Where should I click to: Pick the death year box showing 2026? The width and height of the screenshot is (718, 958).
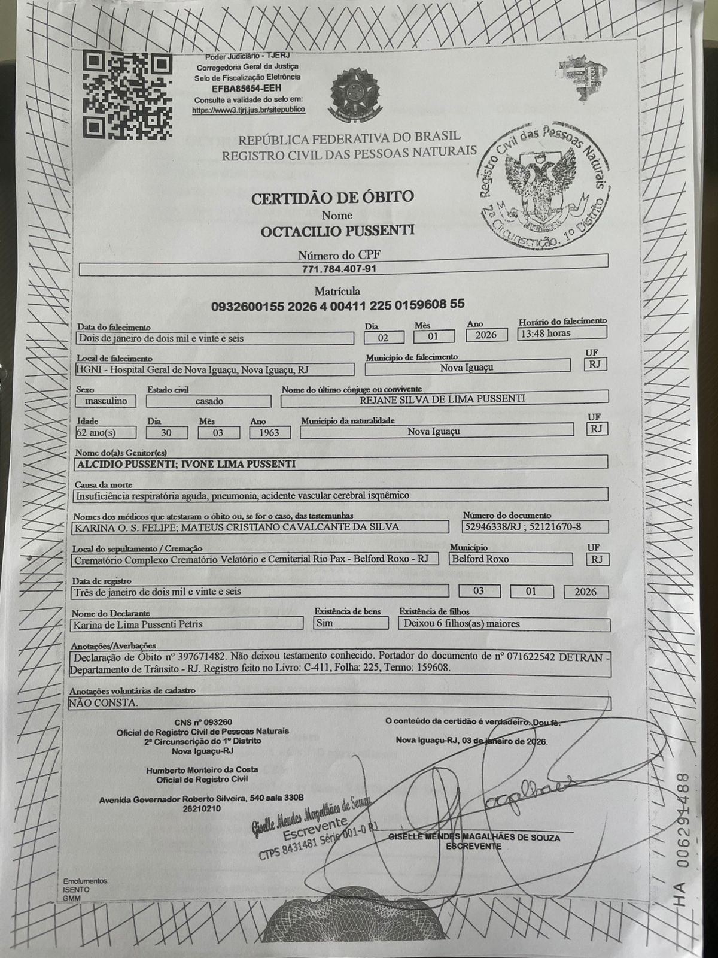point(486,335)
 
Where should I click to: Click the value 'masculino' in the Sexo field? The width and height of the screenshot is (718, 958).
point(106,401)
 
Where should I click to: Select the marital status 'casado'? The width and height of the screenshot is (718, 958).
point(209,401)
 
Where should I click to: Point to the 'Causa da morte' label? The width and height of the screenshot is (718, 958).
point(103,484)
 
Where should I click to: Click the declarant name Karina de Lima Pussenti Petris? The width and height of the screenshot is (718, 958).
point(137,624)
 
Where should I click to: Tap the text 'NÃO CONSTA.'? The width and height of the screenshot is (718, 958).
point(104,702)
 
